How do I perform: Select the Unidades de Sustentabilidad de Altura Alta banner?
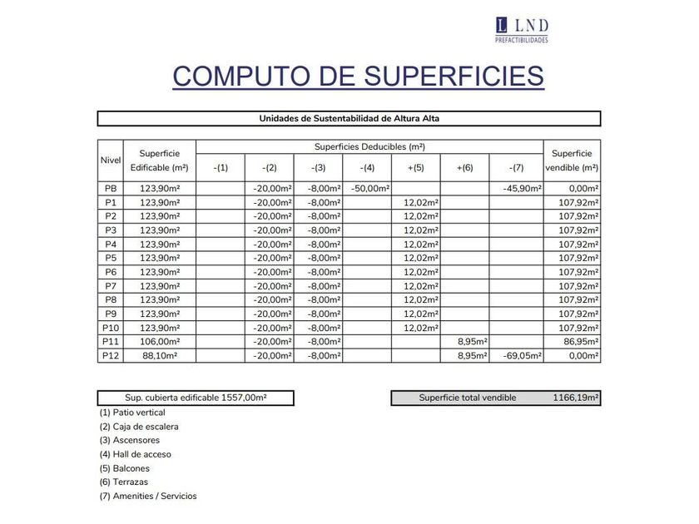tap(349, 118)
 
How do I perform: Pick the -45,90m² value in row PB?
tap(523, 189)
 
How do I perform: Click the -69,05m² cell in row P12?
tap(523, 355)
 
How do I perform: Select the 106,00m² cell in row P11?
tap(160, 341)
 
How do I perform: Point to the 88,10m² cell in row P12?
tap(160, 355)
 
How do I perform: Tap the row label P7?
tap(110, 286)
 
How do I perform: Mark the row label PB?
tap(110, 189)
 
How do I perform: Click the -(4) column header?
tap(367, 168)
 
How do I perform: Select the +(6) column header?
tap(464, 168)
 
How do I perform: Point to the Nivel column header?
tap(110, 160)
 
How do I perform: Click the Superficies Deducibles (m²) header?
tap(369, 146)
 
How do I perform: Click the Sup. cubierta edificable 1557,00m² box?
tap(196, 398)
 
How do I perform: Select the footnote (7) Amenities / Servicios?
tap(148, 497)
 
